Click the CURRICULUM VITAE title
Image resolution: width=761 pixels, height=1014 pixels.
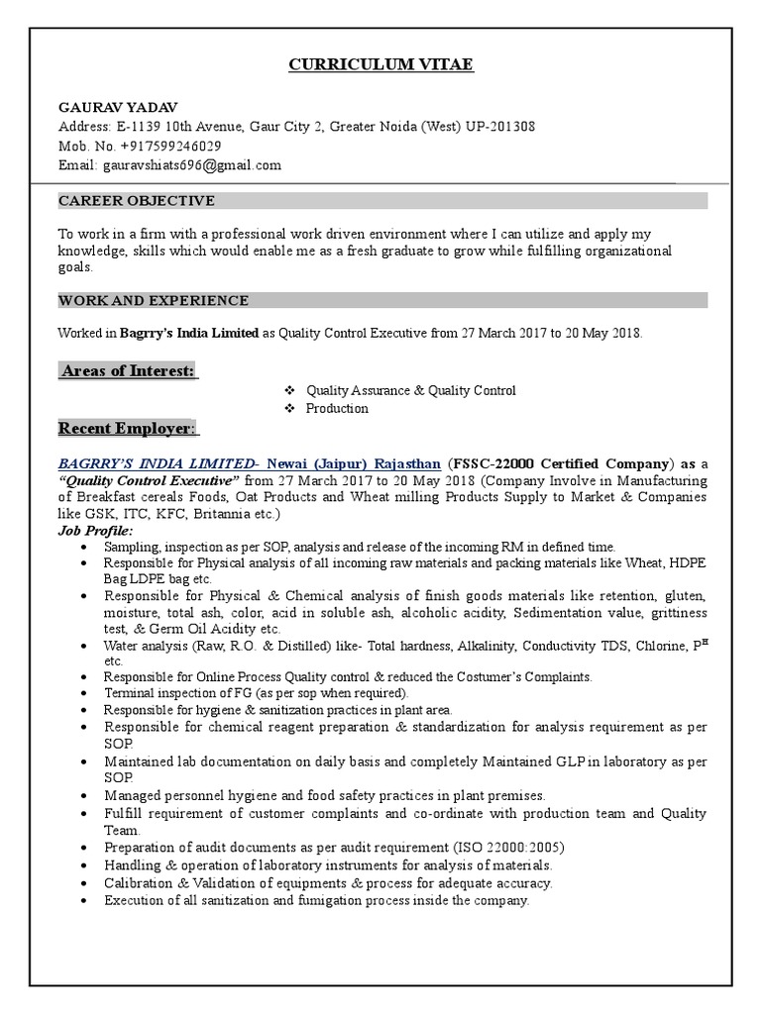380,65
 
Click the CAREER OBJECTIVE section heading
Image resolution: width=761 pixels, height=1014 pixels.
136,201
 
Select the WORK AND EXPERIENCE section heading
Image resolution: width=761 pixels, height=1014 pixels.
153,300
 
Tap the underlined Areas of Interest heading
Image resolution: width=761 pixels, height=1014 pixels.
128,370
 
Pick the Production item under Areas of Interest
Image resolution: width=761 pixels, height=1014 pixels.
337,408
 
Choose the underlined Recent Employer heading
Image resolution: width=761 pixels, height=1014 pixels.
128,429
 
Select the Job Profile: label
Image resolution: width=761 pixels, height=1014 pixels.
89,532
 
